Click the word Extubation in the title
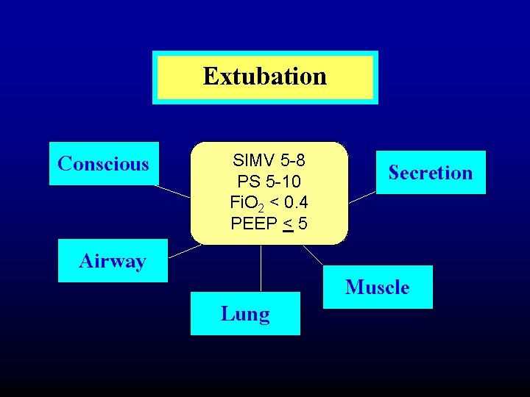coord(265,76)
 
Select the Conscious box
coord(104,163)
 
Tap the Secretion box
coord(431,173)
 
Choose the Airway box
coord(113,261)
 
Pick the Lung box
coord(245,314)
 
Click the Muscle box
coord(378,287)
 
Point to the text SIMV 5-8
coord(269,160)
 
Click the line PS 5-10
coord(269,181)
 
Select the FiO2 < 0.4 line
coord(269,202)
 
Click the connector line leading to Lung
coord(261,268)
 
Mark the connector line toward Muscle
coord(312,254)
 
